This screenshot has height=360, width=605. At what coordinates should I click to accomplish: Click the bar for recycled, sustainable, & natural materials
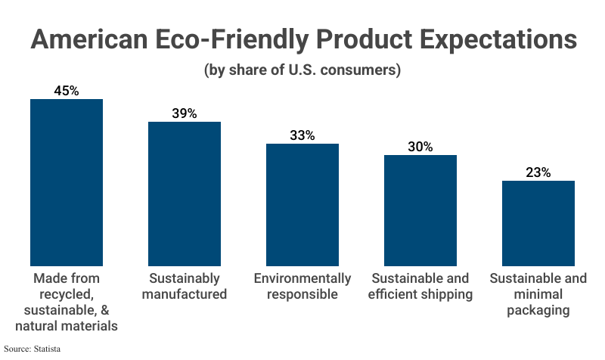tap(66, 182)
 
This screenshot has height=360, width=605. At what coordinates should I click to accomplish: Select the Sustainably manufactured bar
tap(184, 194)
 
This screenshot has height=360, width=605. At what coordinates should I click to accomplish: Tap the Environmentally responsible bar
tap(302, 204)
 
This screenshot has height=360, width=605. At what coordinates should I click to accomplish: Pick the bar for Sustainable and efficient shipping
tap(420, 210)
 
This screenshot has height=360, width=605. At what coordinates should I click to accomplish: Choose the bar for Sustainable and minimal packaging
tap(538, 223)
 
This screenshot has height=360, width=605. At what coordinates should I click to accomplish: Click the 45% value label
tap(66, 91)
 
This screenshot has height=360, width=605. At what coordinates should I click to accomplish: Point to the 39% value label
tap(184, 113)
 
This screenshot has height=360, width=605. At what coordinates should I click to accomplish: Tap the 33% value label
tap(302, 135)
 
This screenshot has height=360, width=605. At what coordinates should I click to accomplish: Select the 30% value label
tap(420, 147)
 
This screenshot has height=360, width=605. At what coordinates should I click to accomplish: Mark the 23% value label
tap(538, 172)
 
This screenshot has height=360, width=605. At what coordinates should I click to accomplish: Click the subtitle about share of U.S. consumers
tap(302, 71)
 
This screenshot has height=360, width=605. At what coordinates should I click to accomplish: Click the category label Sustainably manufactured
tap(184, 286)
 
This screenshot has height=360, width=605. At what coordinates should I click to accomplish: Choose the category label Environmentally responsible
tap(302, 286)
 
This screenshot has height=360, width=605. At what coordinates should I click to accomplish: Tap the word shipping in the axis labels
tap(445, 294)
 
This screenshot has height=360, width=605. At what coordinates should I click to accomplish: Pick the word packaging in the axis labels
tap(538, 310)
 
